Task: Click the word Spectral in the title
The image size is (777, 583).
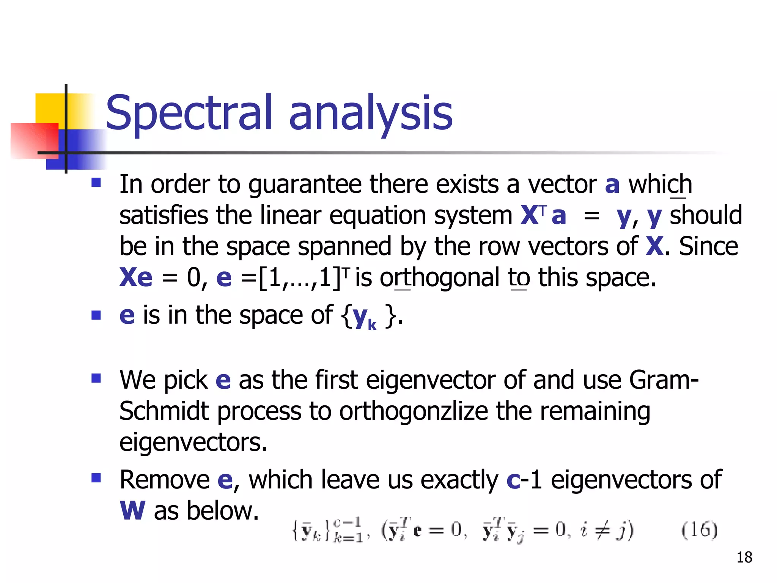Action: (189, 113)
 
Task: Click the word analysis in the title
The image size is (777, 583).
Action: (371, 113)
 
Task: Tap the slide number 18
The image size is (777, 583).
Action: (744, 557)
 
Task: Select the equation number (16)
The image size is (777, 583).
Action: (699, 530)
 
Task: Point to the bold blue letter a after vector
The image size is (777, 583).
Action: (612, 184)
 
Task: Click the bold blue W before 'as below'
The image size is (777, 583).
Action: (132, 511)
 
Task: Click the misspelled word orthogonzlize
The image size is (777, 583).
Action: (413, 411)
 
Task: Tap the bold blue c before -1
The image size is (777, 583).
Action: (513, 480)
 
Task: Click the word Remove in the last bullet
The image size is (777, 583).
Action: (164, 480)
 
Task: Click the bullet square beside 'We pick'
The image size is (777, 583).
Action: (96, 378)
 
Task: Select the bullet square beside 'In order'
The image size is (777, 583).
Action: (96, 183)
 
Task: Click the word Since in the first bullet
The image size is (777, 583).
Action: (708, 246)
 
